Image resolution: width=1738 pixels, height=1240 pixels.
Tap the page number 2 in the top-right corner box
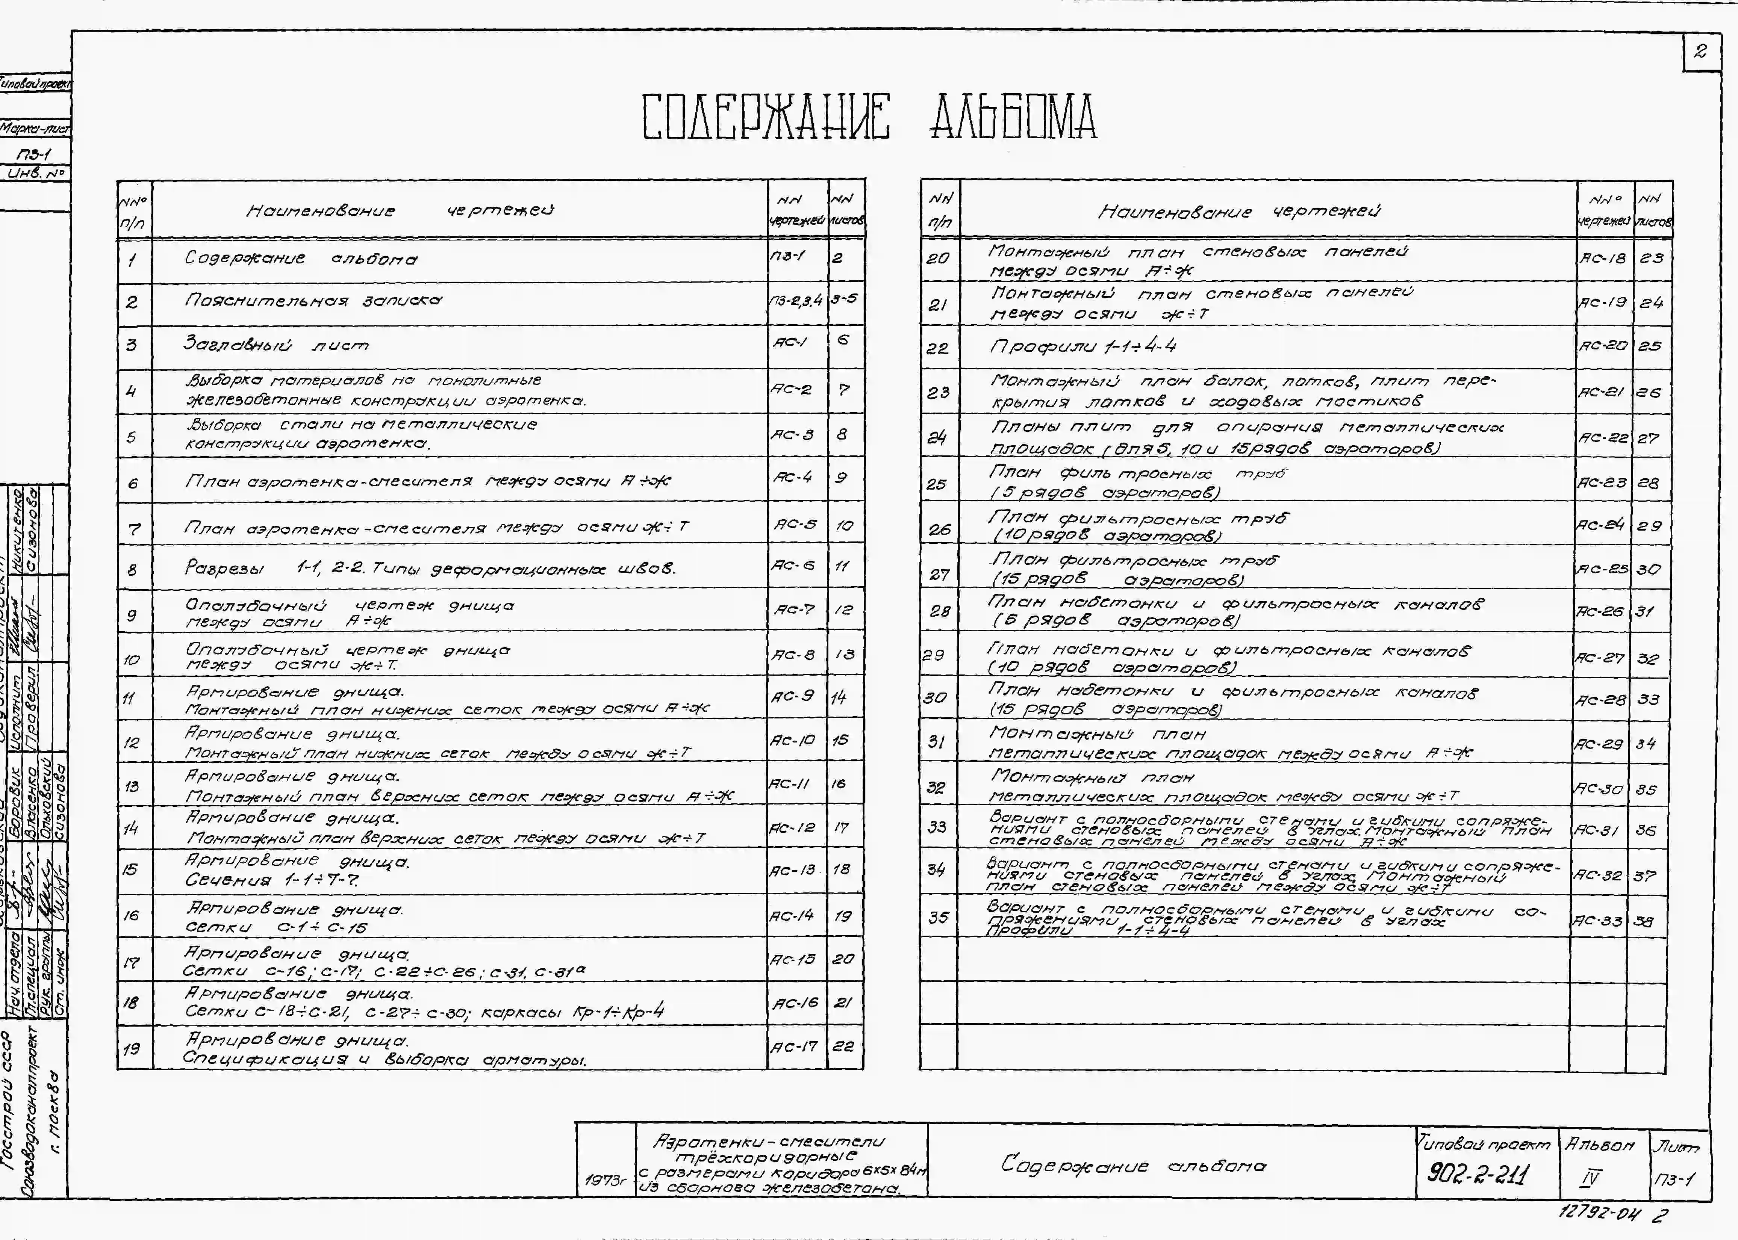click(x=1700, y=52)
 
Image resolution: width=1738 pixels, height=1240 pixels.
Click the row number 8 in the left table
click(x=133, y=570)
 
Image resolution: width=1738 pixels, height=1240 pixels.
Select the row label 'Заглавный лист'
click(x=276, y=345)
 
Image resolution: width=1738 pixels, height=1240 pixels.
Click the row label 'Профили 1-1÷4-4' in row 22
click(x=1083, y=347)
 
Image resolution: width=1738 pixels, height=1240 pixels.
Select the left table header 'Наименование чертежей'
click(x=400, y=211)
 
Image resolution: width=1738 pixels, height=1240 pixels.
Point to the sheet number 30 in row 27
click(x=1648, y=570)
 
